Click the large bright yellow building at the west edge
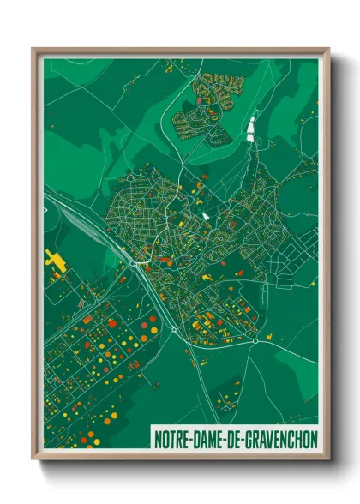point(54,261)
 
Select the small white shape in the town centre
point(205,215)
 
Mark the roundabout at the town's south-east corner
point(255,340)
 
